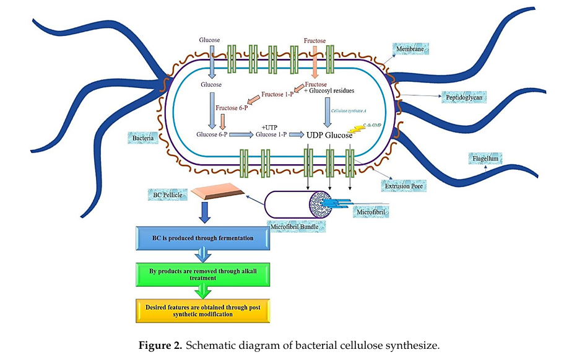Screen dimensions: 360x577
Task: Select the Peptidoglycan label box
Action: pos(461,97)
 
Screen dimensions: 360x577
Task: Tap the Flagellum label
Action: pos(485,159)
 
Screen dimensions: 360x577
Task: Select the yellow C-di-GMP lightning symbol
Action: pos(357,129)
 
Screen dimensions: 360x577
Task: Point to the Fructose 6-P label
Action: pos(232,108)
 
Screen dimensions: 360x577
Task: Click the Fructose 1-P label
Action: pos(277,94)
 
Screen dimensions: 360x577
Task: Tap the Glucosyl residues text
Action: pos(331,90)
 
